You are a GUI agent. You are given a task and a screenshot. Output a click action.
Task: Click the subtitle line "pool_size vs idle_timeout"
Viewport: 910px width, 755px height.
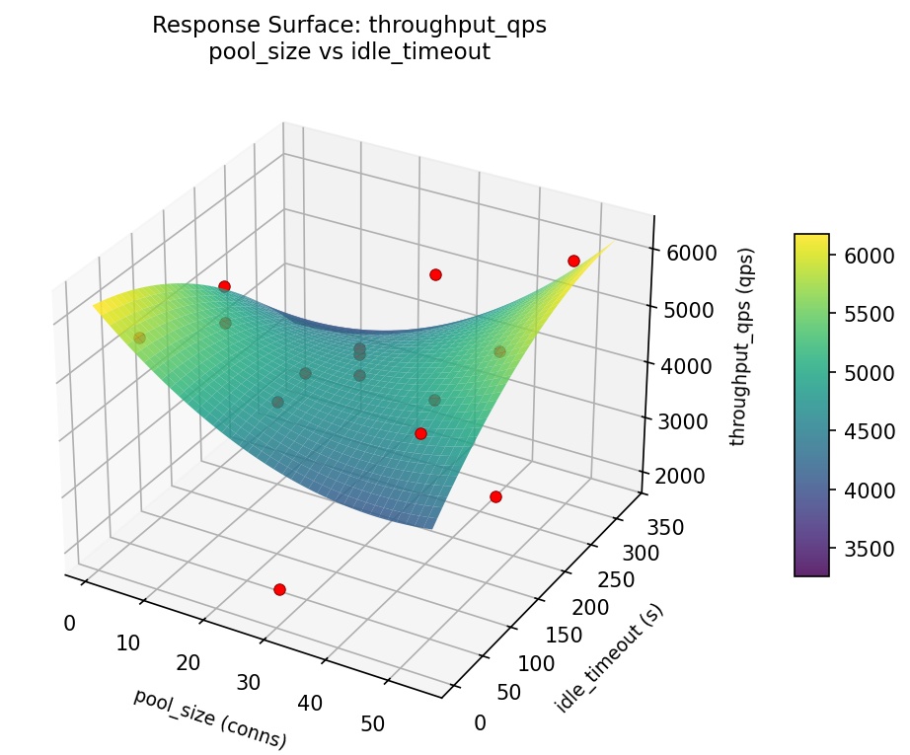349,52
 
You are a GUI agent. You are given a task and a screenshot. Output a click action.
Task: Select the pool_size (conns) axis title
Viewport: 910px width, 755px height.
209,717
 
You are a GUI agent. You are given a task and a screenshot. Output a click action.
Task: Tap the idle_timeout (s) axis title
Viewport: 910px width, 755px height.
609,658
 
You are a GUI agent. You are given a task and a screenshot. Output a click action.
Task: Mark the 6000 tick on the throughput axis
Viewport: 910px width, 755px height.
692,253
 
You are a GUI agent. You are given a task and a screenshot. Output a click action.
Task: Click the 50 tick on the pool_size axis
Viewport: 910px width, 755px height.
372,723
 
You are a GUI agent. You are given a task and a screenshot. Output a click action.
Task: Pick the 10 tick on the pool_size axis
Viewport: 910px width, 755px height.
128,642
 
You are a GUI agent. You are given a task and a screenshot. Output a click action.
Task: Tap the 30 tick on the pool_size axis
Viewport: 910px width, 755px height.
249,682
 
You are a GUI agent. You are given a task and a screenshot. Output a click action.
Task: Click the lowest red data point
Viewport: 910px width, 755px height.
279,589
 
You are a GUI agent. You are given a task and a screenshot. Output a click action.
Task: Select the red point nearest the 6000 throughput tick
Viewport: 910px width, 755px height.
573,261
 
